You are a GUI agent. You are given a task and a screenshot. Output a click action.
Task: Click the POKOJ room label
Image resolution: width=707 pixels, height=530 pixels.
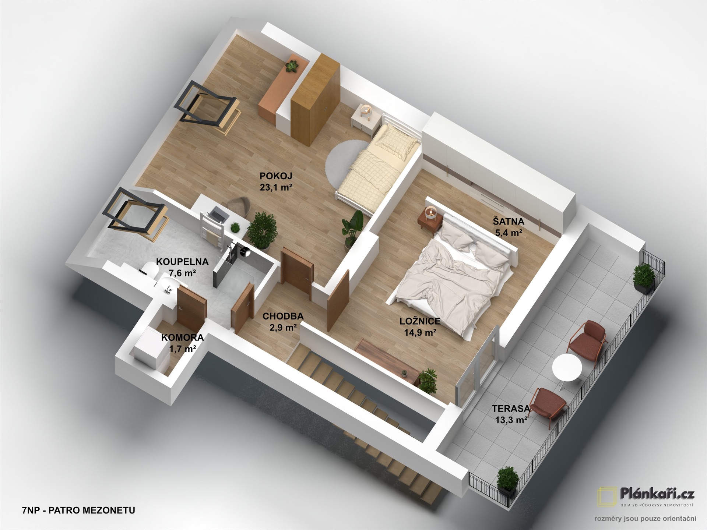click(276, 176)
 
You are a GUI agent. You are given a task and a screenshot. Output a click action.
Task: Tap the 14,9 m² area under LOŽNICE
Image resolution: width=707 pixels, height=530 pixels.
click(420, 333)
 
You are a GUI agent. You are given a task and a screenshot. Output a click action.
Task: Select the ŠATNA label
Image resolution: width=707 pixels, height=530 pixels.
click(509, 222)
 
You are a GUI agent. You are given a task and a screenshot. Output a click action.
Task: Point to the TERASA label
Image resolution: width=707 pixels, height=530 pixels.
click(511, 409)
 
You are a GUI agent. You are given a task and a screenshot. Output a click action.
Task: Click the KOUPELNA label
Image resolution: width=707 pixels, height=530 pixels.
click(182, 262)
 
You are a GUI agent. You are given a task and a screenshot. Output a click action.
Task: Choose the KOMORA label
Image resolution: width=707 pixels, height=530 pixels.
click(182, 338)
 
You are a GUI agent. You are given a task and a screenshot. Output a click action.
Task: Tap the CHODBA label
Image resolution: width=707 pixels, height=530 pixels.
click(283, 316)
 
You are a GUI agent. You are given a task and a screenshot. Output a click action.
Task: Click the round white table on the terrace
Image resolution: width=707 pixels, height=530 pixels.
click(567, 368)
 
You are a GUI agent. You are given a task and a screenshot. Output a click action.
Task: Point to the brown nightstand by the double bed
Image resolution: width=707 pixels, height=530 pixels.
click(430, 221)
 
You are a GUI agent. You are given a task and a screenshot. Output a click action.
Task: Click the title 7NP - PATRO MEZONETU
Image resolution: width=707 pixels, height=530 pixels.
click(78, 510)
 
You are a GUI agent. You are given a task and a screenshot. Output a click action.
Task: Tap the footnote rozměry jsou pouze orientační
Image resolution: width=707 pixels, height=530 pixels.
click(645, 519)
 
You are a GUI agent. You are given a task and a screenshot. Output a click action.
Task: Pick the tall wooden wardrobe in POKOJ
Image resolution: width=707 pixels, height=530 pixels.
click(315, 99)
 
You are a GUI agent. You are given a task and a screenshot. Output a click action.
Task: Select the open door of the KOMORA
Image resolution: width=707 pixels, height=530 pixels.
click(191, 309)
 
